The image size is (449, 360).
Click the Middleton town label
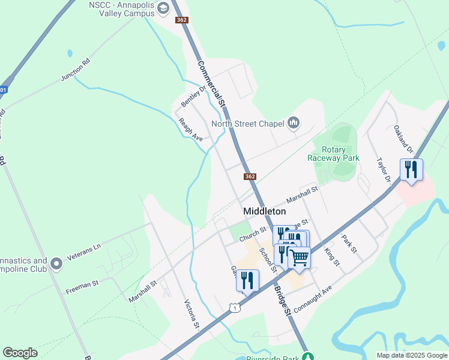(x=264, y=211)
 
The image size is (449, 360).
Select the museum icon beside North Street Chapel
(x=294, y=124)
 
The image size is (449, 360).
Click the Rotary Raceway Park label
(x=333, y=154)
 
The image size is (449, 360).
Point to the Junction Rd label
(x=76, y=70)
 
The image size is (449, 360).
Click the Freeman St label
(x=82, y=287)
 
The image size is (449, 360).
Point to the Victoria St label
(x=191, y=314)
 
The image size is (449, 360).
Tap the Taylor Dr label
(x=384, y=170)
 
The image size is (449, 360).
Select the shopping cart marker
(x=300, y=257)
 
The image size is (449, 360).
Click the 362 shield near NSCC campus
(x=182, y=20)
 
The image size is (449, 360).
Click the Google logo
(x=20, y=353)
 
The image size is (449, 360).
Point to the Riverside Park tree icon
(x=307, y=356)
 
